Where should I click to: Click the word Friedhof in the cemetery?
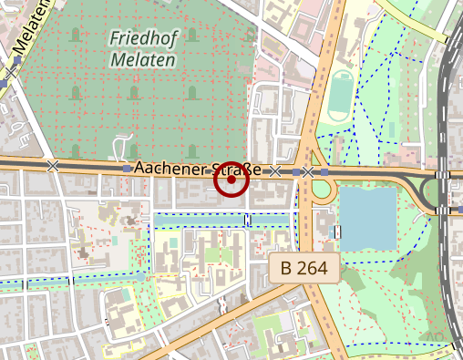[142, 38]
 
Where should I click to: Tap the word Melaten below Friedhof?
[143, 60]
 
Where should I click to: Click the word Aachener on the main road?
[166, 169]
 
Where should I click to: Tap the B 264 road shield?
[304, 268]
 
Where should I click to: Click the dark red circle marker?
[231, 180]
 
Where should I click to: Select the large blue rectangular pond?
[367, 217]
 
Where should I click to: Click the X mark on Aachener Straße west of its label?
[53, 166]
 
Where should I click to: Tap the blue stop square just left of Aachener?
[126, 169]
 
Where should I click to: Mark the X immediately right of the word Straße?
[274, 170]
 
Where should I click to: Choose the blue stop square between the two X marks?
[296, 171]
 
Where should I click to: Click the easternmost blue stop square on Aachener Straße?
[324, 171]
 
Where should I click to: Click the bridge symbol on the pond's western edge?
[338, 231]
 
